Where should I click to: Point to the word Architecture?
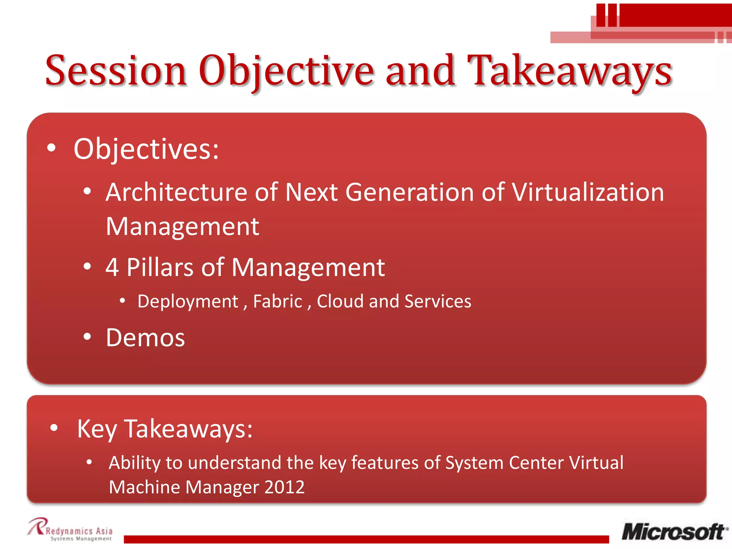(x=177, y=192)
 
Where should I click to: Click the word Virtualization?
(x=588, y=192)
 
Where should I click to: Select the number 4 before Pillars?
(x=112, y=267)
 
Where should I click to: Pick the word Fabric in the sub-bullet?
(x=278, y=301)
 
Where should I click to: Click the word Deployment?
(x=188, y=301)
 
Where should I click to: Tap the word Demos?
(x=145, y=337)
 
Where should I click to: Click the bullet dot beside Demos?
(x=87, y=337)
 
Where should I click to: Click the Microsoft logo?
(x=674, y=532)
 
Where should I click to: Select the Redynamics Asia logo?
(x=70, y=530)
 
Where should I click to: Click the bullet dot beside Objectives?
(x=51, y=148)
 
